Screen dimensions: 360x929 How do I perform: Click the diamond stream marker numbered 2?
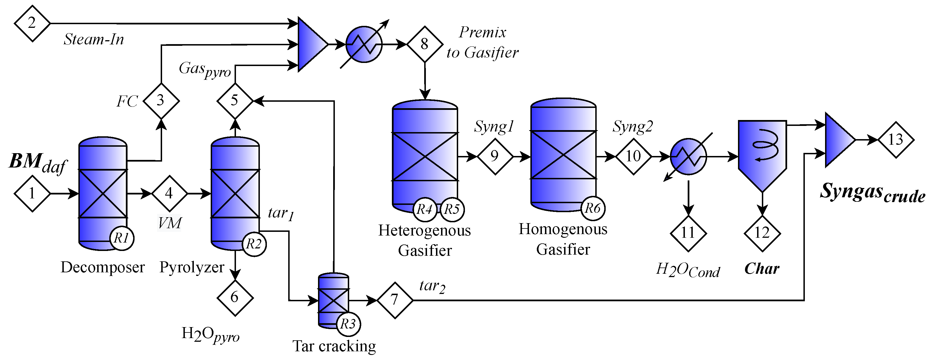(x=32, y=23)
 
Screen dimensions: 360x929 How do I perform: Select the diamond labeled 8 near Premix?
(x=424, y=44)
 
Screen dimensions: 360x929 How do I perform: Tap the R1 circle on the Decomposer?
(x=122, y=238)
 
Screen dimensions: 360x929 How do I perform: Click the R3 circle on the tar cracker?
(x=348, y=324)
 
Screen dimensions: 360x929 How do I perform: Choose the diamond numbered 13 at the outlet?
(x=896, y=140)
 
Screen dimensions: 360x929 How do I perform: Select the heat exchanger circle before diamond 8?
(x=364, y=44)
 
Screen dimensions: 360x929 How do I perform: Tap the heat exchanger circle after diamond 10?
(x=688, y=157)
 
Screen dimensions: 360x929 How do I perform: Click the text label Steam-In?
(x=94, y=39)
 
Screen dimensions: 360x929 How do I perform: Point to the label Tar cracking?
(x=334, y=346)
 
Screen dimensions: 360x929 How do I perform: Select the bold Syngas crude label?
(x=872, y=192)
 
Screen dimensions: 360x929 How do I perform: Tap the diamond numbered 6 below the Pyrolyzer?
(x=235, y=298)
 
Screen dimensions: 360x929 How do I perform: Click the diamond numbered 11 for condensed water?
(x=688, y=233)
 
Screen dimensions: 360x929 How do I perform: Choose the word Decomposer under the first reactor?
(x=103, y=267)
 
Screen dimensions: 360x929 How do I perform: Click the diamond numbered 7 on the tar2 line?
(x=394, y=300)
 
